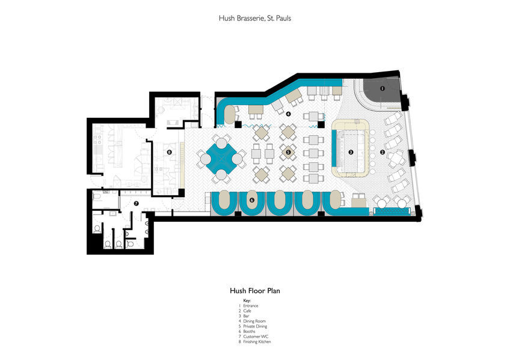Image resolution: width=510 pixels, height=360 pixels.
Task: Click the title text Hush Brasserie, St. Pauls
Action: [x=255, y=19]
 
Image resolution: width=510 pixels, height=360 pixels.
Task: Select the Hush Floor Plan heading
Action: [x=255, y=290]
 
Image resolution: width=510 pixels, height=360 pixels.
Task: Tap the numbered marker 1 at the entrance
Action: [x=382, y=88]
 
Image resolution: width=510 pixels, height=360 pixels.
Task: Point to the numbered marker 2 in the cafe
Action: [x=382, y=152]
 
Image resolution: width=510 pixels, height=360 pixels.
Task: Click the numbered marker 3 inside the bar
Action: [x=351, y=152]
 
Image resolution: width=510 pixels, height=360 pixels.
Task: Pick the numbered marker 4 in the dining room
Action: [x=289, y=113]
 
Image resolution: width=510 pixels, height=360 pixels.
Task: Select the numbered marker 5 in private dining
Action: [x=289, y=152]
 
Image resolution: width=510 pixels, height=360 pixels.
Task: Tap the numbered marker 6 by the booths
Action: [x=252, y=200]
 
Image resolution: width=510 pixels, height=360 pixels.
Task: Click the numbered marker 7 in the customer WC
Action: [x=137, y=204]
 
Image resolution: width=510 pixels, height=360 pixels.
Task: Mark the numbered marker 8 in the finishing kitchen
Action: [x=170, y=152]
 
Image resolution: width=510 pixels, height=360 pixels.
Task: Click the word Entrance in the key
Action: [x=251, y=306]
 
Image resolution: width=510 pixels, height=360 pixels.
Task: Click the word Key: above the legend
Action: [x=247, y=300]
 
